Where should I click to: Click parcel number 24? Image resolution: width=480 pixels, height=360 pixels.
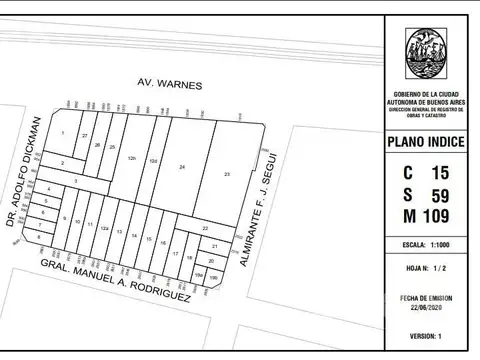click(182, 167)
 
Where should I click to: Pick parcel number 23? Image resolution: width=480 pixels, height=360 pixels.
click(228, 175)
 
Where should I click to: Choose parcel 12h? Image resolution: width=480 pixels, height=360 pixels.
click(131, 158)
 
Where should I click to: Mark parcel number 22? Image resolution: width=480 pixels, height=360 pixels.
click(204, 229)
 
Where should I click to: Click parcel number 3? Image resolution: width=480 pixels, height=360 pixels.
click(75, 181)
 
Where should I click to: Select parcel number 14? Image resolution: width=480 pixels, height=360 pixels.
click(134, 236)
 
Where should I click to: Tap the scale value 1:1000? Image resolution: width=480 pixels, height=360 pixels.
click(442, 244)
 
